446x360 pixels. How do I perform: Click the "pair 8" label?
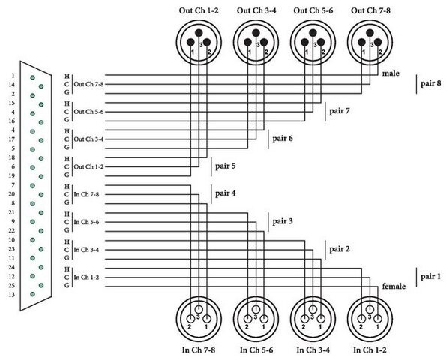[x=431, y=83]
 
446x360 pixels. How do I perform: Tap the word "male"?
[x=391, y=73]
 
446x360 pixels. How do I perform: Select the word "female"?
[x=394, y=286]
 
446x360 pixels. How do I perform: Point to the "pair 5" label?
[x=226, y=166]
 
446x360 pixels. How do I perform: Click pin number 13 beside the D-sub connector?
[x=12, y=295]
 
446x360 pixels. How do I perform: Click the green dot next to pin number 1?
[x=33, y=77]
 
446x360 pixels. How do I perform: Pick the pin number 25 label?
[x=12, y=286]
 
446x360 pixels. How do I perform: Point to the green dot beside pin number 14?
[x=41, y=86]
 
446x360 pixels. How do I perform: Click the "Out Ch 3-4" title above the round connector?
[x=256, y=10]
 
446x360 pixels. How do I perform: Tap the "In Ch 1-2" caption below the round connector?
[x=370, y=349]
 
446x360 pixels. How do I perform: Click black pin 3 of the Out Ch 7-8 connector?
[x=370, y=33]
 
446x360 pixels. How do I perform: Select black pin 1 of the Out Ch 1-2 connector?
[x=190, y=43]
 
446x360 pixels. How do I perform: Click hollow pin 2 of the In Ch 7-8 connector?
[x=190, y=319]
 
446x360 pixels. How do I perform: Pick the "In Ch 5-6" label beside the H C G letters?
[x=86, y=222]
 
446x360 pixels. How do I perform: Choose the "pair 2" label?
[x=340, y=249]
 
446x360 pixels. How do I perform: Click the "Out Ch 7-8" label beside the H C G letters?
[x=88, y=84]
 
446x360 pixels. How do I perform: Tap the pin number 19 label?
[x=12, y=175]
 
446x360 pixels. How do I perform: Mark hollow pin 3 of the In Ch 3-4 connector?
[x=313, y=309]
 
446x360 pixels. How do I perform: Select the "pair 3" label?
[x=283, y=221]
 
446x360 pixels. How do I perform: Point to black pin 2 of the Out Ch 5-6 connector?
[x=321, y=43]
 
